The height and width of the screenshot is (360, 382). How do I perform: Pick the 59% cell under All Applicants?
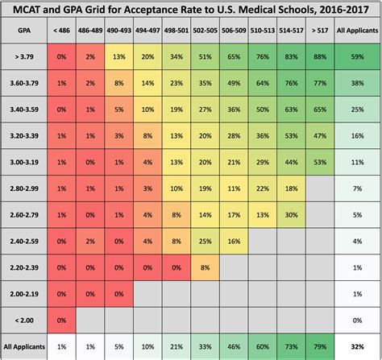coord(357,57)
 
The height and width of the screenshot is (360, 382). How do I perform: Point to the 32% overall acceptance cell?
coord(357,346)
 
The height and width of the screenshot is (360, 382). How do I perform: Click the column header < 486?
coord(61,31)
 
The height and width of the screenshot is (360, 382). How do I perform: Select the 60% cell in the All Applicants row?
coord(264,346)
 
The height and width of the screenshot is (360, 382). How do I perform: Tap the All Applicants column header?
coord(357,31)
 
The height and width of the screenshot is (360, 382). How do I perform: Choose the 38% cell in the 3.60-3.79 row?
coord(357,83)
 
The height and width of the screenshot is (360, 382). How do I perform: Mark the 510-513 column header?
coord(264,31)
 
